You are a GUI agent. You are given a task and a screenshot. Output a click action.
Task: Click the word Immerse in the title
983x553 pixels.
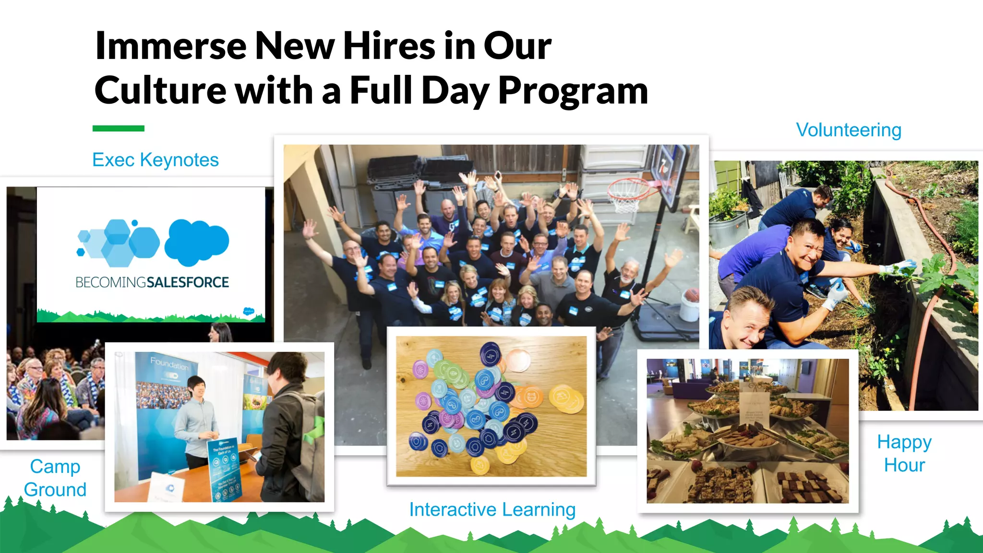[x=170, y=46]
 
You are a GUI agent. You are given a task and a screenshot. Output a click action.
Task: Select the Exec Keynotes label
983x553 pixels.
[x=155, y=160]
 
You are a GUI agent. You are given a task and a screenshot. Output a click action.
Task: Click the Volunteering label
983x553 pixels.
[x=849, y=130]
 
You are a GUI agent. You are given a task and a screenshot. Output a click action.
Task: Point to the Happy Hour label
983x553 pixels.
[x=904, y=453]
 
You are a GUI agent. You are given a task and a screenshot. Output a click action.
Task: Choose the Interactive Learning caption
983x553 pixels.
[x=492, y=509]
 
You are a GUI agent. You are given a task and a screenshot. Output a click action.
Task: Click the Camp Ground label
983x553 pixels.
[x=55, y=478]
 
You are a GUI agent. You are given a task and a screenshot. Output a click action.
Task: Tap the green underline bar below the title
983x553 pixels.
[x=118, y=128]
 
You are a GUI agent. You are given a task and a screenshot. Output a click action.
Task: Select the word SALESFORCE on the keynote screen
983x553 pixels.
[x=188, y=282]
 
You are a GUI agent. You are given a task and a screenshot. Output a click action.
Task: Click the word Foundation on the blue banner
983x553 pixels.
[x=169, y=363]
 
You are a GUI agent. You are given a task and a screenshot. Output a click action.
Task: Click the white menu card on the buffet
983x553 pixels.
[x=755, y=409]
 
